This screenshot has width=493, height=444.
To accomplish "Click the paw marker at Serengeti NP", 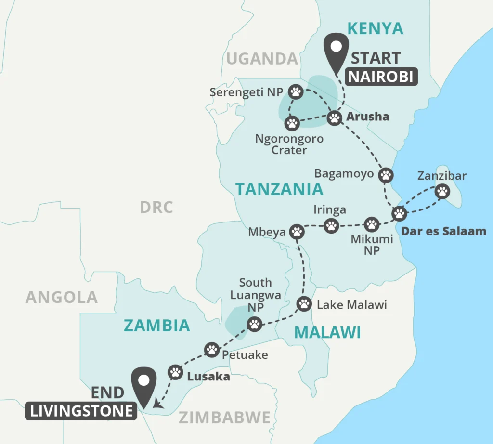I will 296,91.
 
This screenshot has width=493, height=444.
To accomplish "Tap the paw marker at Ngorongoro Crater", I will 292,123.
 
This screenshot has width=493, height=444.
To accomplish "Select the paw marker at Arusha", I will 335,118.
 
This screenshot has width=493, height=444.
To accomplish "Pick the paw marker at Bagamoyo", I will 386,175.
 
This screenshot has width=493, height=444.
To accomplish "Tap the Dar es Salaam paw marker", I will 399,213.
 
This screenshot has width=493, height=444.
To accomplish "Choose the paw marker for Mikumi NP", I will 371,224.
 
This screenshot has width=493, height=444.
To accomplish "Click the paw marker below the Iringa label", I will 331,225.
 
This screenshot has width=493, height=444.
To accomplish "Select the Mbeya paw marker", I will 297,232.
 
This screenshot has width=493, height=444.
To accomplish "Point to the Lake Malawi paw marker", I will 304,304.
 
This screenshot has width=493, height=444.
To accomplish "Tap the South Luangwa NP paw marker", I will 254,324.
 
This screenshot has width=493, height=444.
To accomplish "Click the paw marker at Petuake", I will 212,349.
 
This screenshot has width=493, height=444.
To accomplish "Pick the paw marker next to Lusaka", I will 175,372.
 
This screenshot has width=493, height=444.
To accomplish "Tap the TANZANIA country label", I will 279,189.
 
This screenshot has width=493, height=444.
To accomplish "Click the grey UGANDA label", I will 262,59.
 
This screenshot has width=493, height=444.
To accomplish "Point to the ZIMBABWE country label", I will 224,418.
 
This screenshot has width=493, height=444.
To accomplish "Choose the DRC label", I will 156,207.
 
